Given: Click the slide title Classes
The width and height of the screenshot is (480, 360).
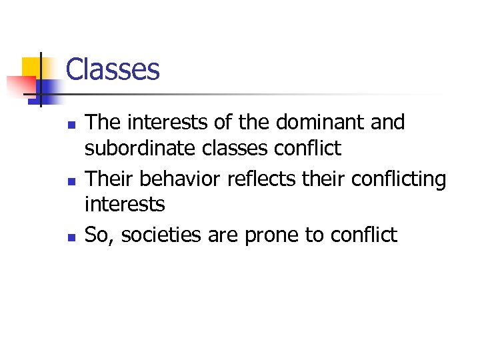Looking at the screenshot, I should [113, 69].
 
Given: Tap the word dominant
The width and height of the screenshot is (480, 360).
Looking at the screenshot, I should [329, 123].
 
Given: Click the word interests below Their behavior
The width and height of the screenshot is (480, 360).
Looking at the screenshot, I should [124, 204].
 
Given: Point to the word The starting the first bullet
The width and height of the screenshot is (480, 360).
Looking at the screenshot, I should [101, 123].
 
